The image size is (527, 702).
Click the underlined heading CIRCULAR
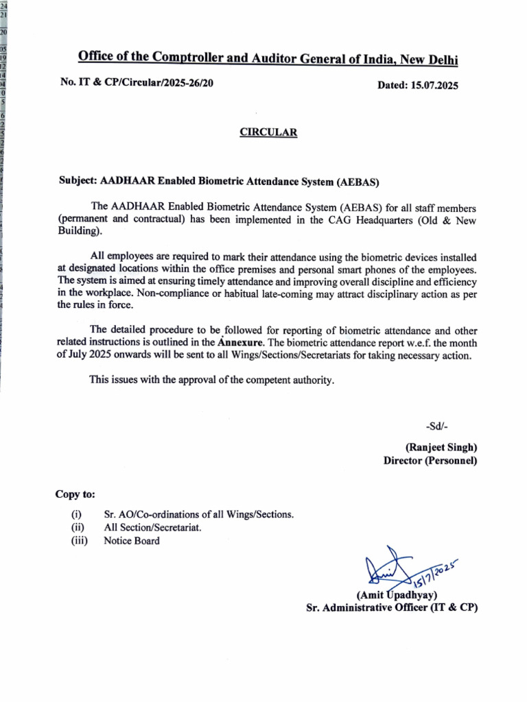268,133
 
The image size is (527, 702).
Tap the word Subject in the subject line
78,182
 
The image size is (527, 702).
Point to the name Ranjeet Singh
441,447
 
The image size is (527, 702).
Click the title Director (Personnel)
430,461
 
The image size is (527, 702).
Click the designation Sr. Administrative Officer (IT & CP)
392,607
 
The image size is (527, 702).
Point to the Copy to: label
75,494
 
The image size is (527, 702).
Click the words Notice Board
132,541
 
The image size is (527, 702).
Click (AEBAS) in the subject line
357,182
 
